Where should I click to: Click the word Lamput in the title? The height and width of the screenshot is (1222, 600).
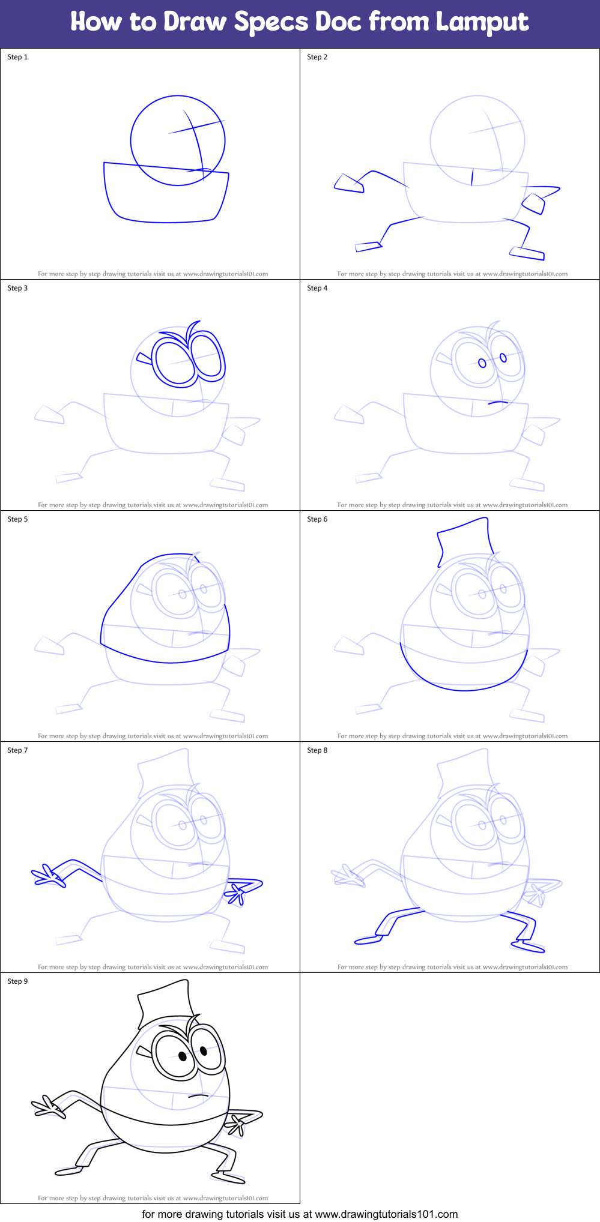point(482,22)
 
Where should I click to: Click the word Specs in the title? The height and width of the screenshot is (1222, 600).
point(271,22)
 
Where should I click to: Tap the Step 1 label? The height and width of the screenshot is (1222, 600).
point(17,57)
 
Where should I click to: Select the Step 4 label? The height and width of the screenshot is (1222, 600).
point(317,288)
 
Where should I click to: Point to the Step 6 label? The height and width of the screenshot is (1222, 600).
point(317,519)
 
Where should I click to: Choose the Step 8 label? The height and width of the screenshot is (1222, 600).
point(317,750)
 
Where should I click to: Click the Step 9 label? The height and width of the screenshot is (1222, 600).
point(17,981)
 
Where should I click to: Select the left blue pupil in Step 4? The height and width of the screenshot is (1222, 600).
point(482,363)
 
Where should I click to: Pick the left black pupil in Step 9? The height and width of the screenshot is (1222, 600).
point(183,1056)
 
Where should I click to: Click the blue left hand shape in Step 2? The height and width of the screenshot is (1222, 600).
point(348,184)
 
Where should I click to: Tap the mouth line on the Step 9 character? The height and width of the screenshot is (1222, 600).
point(198,1095)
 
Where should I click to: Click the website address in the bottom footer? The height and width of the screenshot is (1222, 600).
point(386,1214)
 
